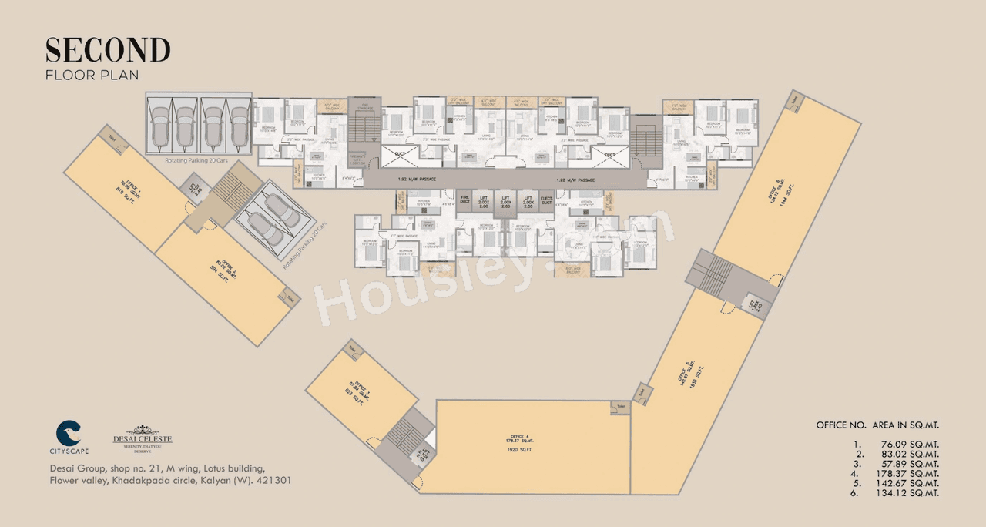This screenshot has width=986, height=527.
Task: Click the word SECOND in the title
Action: (108, 50)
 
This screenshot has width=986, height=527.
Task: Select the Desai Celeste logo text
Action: (143, 440)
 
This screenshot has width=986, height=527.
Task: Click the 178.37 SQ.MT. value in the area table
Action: (909, 474)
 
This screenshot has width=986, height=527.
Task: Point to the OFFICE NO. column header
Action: (841, 425)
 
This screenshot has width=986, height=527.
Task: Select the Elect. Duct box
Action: (548, 200)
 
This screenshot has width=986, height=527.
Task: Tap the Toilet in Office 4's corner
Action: (621, 407)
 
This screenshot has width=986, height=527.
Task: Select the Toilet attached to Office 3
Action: (352, 349)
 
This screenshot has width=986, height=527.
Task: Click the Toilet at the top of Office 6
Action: (795, 99)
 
